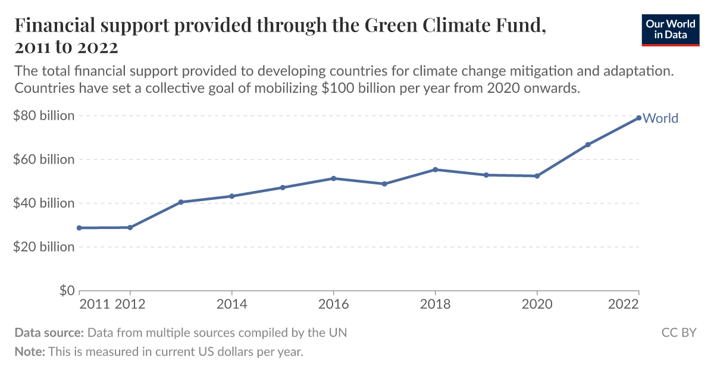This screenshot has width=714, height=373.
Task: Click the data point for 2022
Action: tap(638, 118)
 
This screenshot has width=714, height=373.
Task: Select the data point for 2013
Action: tap(181, 202)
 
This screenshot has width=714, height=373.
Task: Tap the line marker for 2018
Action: tap(435, 170)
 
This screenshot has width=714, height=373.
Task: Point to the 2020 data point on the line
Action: tap(537, 176)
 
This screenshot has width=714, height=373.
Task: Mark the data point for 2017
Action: tap(384, 184)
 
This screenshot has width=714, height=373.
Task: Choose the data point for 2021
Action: tap(588, 145)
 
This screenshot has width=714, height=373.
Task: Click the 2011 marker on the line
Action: tap(79, 228)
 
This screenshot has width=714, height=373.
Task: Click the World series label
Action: tap(660, 118)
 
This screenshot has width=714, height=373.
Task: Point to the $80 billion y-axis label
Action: tap(44, 115)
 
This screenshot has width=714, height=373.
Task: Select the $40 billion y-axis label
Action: tap(44, 203)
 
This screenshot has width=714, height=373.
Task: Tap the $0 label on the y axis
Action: tap(66, 290)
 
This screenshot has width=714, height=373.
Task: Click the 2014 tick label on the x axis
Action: tap(231, 305)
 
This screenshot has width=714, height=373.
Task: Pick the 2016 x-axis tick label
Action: tap(333, 305)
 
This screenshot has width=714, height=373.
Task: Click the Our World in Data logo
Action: tap(670, 29)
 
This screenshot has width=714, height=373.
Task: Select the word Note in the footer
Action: tap(29, 352)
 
